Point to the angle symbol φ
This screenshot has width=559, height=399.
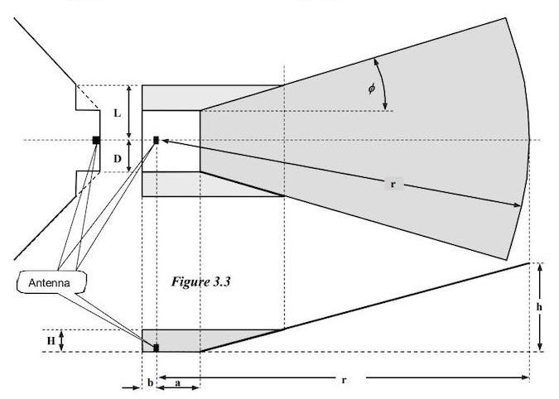click(372, 88)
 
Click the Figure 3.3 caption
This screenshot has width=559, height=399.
click(200, 282)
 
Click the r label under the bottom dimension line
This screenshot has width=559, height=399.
click(343, 381)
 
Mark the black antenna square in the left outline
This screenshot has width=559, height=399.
click(96, 140)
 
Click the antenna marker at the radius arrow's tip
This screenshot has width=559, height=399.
click(156, 140)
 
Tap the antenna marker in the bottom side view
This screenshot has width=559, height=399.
click(156, 348)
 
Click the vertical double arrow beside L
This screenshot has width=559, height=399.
click(129, 112)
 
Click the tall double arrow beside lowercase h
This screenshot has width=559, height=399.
click(540, 306)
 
